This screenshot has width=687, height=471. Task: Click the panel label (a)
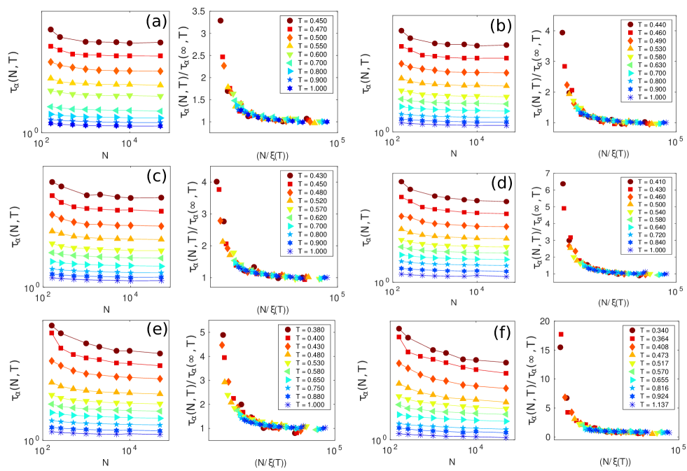click(155, 22)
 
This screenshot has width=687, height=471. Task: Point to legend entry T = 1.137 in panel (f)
click(651, 405)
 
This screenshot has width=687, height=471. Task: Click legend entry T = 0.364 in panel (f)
click(651, 337)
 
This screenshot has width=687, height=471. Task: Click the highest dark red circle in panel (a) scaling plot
click(221, 20)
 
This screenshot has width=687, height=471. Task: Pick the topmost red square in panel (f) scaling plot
click(561, 335)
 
